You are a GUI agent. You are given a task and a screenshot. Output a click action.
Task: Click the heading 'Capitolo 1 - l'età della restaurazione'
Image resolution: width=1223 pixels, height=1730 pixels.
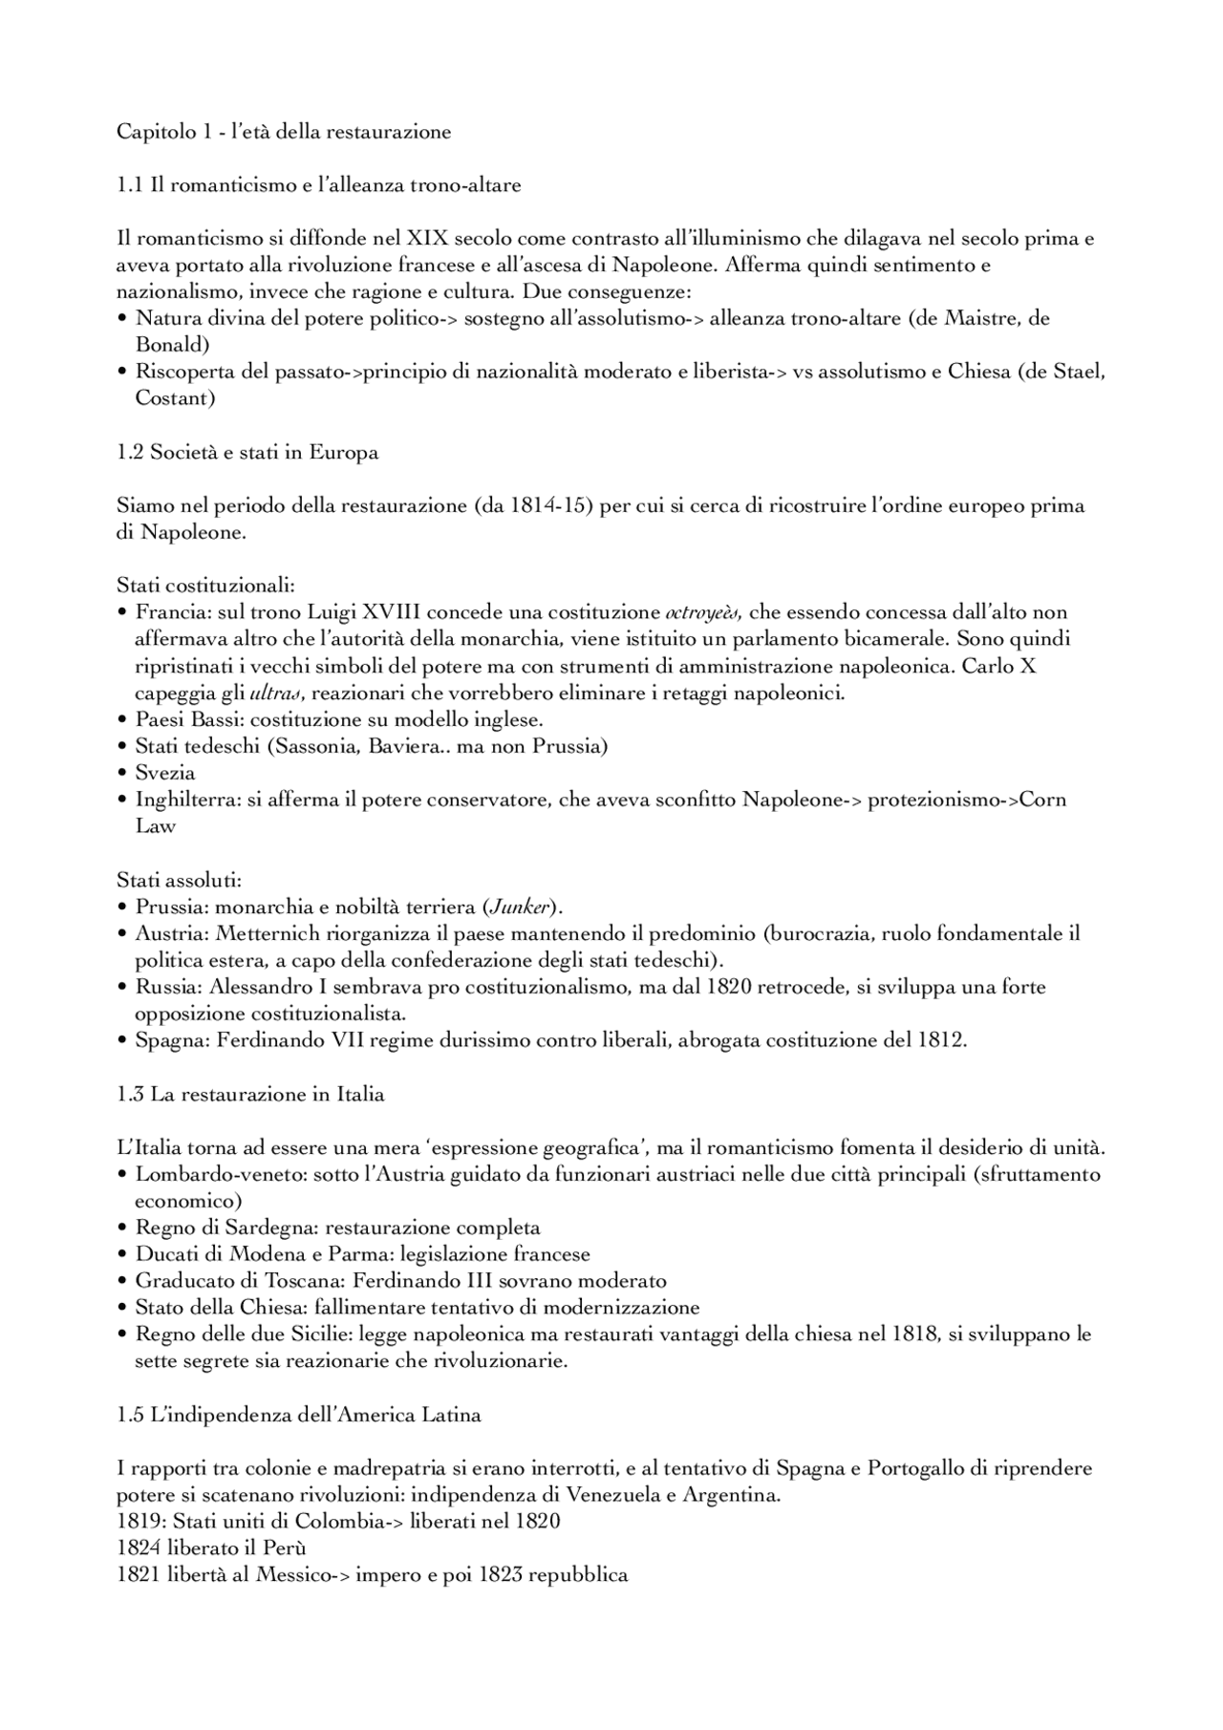click(284, 132)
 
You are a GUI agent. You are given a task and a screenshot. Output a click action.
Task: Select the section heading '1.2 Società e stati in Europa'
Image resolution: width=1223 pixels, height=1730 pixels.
click(247, 452)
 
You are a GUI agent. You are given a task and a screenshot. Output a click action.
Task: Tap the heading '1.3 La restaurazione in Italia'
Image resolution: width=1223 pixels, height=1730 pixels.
click(250, 1094)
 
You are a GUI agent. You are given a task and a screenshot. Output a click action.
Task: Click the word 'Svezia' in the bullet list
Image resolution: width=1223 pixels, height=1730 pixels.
click(165, 772)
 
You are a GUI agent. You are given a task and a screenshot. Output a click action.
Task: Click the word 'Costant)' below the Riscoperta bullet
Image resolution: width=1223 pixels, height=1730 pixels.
click(175, 397)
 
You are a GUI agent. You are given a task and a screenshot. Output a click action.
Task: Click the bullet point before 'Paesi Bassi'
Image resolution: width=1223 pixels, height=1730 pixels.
click(122, 719)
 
